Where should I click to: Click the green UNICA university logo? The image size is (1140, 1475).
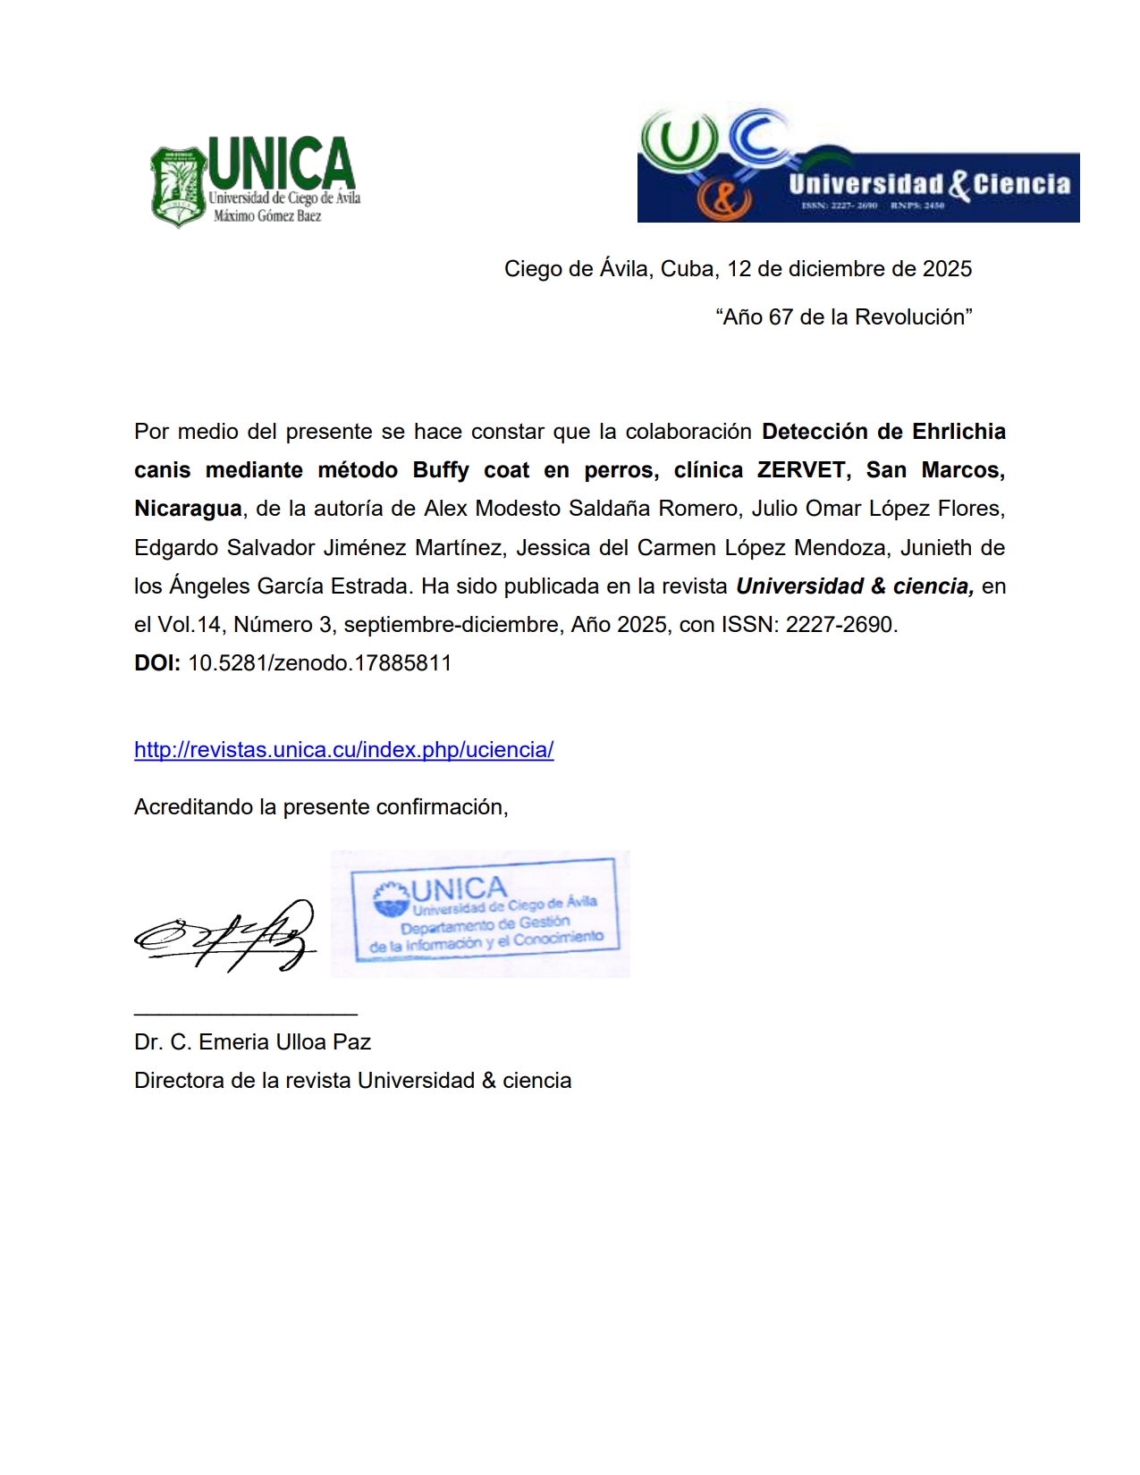(x=255, y=181)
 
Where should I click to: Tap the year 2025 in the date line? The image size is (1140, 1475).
(x=947, y=269)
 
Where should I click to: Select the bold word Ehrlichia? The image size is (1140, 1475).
(x=958, y=432)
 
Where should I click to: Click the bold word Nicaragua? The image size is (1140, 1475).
(x=188, y=509)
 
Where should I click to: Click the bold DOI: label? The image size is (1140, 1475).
(x=157, y=663)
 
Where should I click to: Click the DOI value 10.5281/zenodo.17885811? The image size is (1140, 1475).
(x=319, y=663)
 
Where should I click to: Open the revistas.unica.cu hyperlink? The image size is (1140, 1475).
(x=343, y=750)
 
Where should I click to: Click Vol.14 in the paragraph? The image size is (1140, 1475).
(x=190, y=625)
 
